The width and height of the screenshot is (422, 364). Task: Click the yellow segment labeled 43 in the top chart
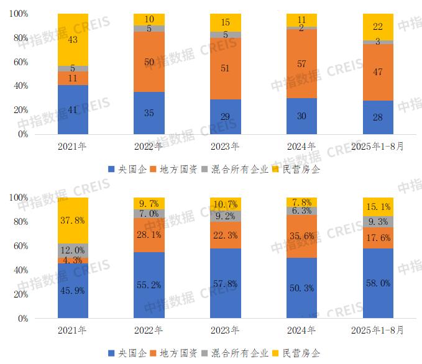(73, 39)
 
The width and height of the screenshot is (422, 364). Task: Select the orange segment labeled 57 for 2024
(301, 63)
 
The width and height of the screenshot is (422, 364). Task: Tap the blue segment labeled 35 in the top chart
(149, 113)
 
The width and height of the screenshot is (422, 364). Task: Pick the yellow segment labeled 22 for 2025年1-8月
(378, 27)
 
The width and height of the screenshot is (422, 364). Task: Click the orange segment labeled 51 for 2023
(226, 68)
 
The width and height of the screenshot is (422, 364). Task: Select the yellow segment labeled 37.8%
(73, 220)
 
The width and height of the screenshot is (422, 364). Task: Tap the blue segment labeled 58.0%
(378, 283)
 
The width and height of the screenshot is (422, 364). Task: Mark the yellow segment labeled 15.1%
(378, 207)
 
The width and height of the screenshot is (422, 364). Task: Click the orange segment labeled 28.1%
(149, 235)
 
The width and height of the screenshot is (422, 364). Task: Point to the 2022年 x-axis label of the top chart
(149, 147)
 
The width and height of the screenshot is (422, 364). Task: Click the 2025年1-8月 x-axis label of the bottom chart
(378, 331)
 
